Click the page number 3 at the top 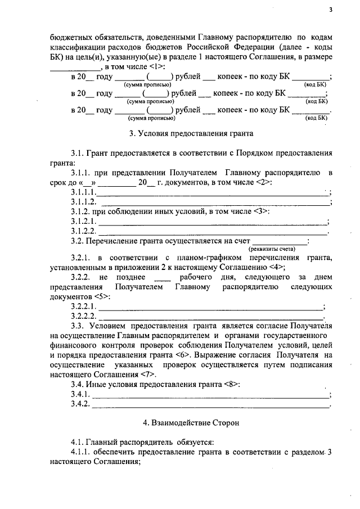(x=331, y=10)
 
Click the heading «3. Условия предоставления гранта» (x=191, y=134)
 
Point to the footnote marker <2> (x=263, y=182)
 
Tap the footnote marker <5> (x=102, y=296)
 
